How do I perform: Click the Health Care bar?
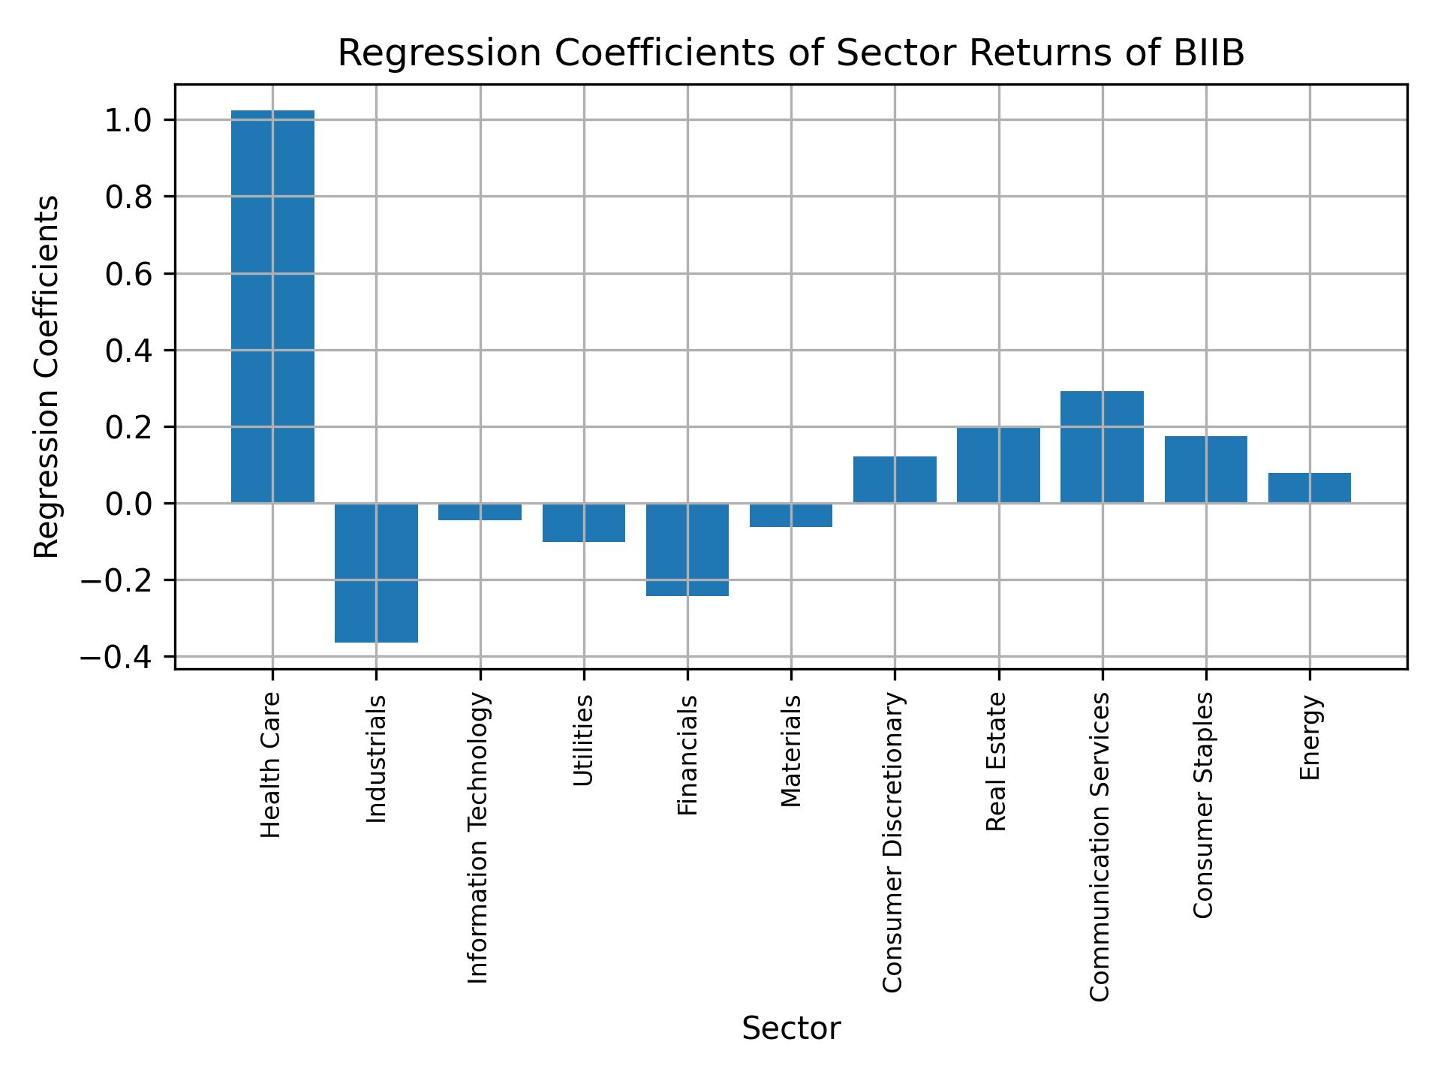(x=272, y=306)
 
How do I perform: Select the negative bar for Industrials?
(x=376, y=573)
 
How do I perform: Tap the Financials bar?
(x=687, y=550)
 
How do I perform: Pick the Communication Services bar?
(x=1102, y=447)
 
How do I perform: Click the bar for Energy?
(x=1310, y=488)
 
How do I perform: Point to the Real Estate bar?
(x=998, y=465)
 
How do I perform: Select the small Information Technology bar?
(x=480, y=512)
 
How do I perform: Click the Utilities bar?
(x=584, y=522)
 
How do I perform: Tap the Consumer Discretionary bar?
(x=895, y=480)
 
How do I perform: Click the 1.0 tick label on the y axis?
(x=129, y=121)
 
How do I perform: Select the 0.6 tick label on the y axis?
(x=129, y=275)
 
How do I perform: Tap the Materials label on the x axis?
(x=791, y=751)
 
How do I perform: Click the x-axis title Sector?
(x=791, y=1028)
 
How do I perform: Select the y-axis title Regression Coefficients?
(x=47, y=377)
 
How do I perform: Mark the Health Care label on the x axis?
(x=271, y=765)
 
